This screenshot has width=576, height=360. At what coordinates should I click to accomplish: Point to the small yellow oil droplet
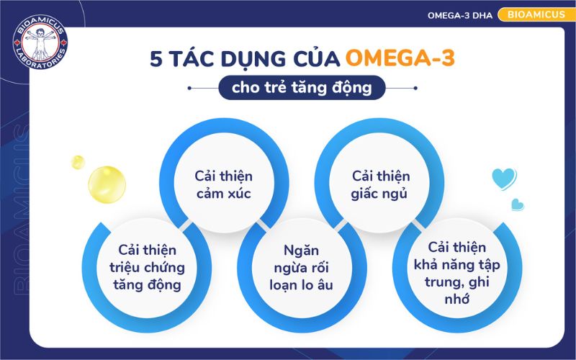tap(78, 161)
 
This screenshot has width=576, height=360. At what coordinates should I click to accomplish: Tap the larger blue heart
tap(504, 177)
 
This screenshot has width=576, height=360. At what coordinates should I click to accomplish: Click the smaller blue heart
tap(516, 204)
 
